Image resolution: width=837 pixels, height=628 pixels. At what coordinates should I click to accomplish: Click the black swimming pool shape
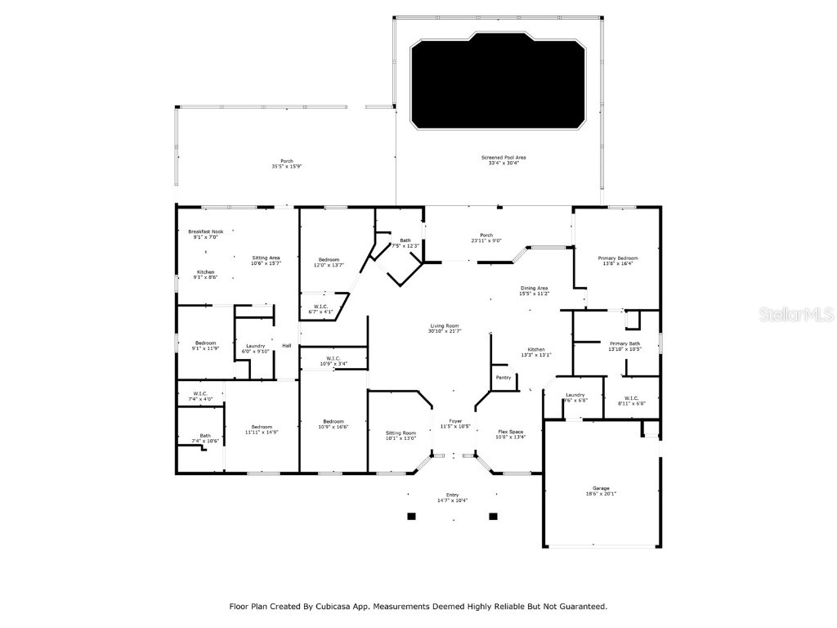coord(498,81)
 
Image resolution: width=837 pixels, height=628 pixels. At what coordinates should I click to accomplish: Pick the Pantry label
coord(504,377)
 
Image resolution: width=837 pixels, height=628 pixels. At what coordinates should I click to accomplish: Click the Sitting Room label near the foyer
coord(401,434)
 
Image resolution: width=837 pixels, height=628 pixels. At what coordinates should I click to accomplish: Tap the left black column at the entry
coord(411,516)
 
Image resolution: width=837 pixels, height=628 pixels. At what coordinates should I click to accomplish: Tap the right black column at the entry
coord(493,516)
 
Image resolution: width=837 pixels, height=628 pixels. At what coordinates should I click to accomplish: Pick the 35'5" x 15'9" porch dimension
coord(287,167)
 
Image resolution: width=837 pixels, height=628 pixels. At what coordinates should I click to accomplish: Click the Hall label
coord(287,346)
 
